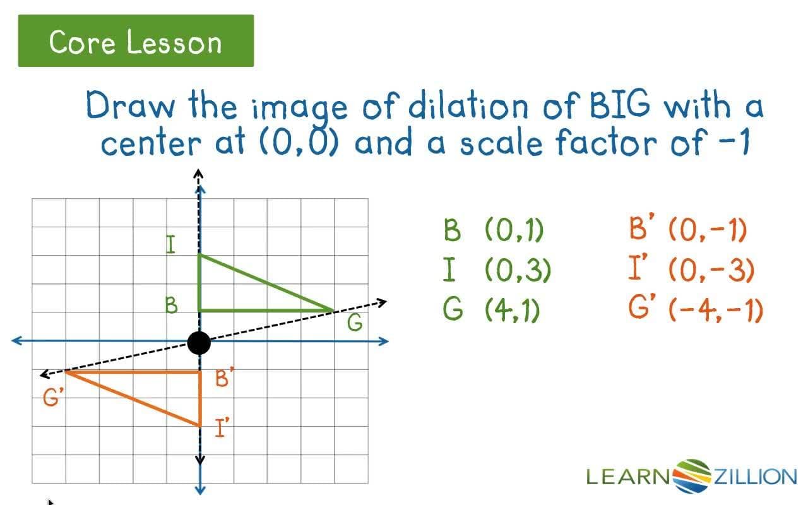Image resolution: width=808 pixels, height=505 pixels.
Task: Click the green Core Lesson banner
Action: pyautogui.click(x=136, y=41)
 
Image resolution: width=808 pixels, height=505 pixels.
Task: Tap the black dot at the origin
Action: pyautogui.click(x=199, y=343)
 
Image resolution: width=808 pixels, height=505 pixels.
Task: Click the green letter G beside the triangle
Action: pyautogui.click(x=355, y=323)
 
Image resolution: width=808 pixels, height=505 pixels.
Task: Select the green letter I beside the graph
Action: pyautogui.click(x=170, y=245)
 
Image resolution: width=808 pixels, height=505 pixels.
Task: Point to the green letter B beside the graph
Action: pyautogui.click(x=171, y=306)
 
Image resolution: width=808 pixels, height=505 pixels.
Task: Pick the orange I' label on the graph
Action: pyautogui.click(x=222, y=428)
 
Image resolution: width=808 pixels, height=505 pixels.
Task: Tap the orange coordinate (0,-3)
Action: pyautogui.click(x=711, y=270)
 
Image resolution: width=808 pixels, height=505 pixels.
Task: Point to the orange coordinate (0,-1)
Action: pyautogui.click(x=707, y=230)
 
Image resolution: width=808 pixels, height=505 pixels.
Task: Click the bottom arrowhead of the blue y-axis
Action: pyautogui.click(x=200, y=489)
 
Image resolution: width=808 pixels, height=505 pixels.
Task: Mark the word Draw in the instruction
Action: pyautogui.click(x=131, y=105)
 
